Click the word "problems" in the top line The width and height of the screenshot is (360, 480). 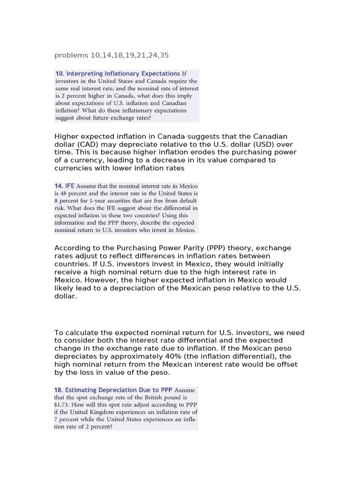[71, 55]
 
